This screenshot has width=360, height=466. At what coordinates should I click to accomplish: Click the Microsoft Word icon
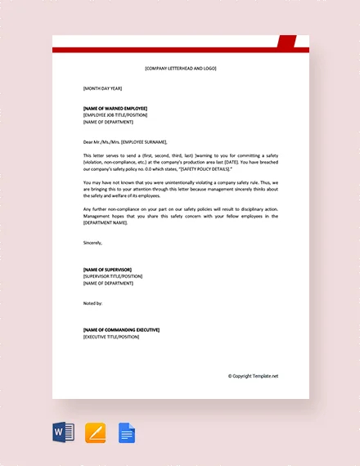pyautogui.click(x=64, y=432)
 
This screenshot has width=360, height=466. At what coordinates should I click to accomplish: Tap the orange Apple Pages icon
pyautogui.click(x=96, y=432)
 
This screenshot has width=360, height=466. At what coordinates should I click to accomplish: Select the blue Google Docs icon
pyautogui.click(x=127, y=432)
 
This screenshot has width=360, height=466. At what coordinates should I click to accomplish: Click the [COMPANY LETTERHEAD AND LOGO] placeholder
pyautogui.click(x=180, y=68)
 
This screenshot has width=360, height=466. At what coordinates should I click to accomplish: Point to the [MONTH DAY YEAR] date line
pyautogui.click(x=103, y=87)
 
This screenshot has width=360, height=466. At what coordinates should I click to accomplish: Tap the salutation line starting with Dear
pyautogui.click(x=131, y=141)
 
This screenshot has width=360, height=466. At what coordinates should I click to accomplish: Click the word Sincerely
pyautogui.click(x=95, y=242)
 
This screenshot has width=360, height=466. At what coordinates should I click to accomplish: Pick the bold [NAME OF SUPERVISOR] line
pyautogui.click(x=107, y=269)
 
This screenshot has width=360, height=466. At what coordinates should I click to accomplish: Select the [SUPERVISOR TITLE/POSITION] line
pyautogui.click(x=113, y=276)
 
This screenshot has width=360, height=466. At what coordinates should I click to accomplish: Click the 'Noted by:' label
pyautogui.click(x=93, y=302)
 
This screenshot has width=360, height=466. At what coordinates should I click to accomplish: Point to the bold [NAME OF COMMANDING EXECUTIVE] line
pyautogui.click(x=121, y=329)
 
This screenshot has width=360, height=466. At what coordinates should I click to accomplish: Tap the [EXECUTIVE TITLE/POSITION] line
pyautogui.click(x=111, y=336)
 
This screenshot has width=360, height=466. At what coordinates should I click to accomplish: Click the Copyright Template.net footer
pyautogui.click(x=253, y=376)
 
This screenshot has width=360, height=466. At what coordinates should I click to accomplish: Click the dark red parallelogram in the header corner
pyautogui.click(x=287, y=41)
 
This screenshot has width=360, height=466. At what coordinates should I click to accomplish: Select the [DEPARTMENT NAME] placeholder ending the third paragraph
pyautogui.click(x=106, y=222)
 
